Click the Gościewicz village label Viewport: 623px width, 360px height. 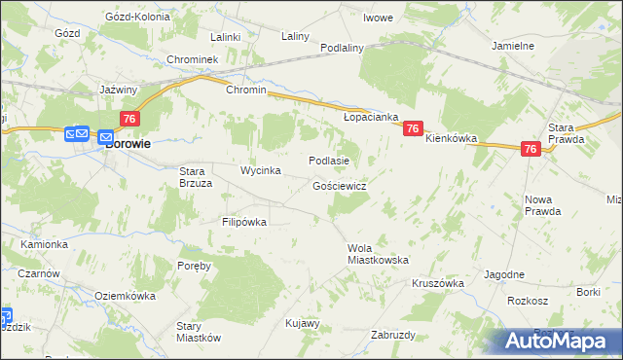339,185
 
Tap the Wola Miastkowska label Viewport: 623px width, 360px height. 378,254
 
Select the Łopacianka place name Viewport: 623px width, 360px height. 372,117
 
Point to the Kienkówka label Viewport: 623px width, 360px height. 452,139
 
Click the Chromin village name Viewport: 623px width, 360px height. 245,90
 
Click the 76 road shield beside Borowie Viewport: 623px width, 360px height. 128,118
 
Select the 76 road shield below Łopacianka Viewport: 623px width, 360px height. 414,127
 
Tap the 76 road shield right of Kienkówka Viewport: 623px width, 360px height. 531,149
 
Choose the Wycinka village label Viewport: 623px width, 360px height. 261,170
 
